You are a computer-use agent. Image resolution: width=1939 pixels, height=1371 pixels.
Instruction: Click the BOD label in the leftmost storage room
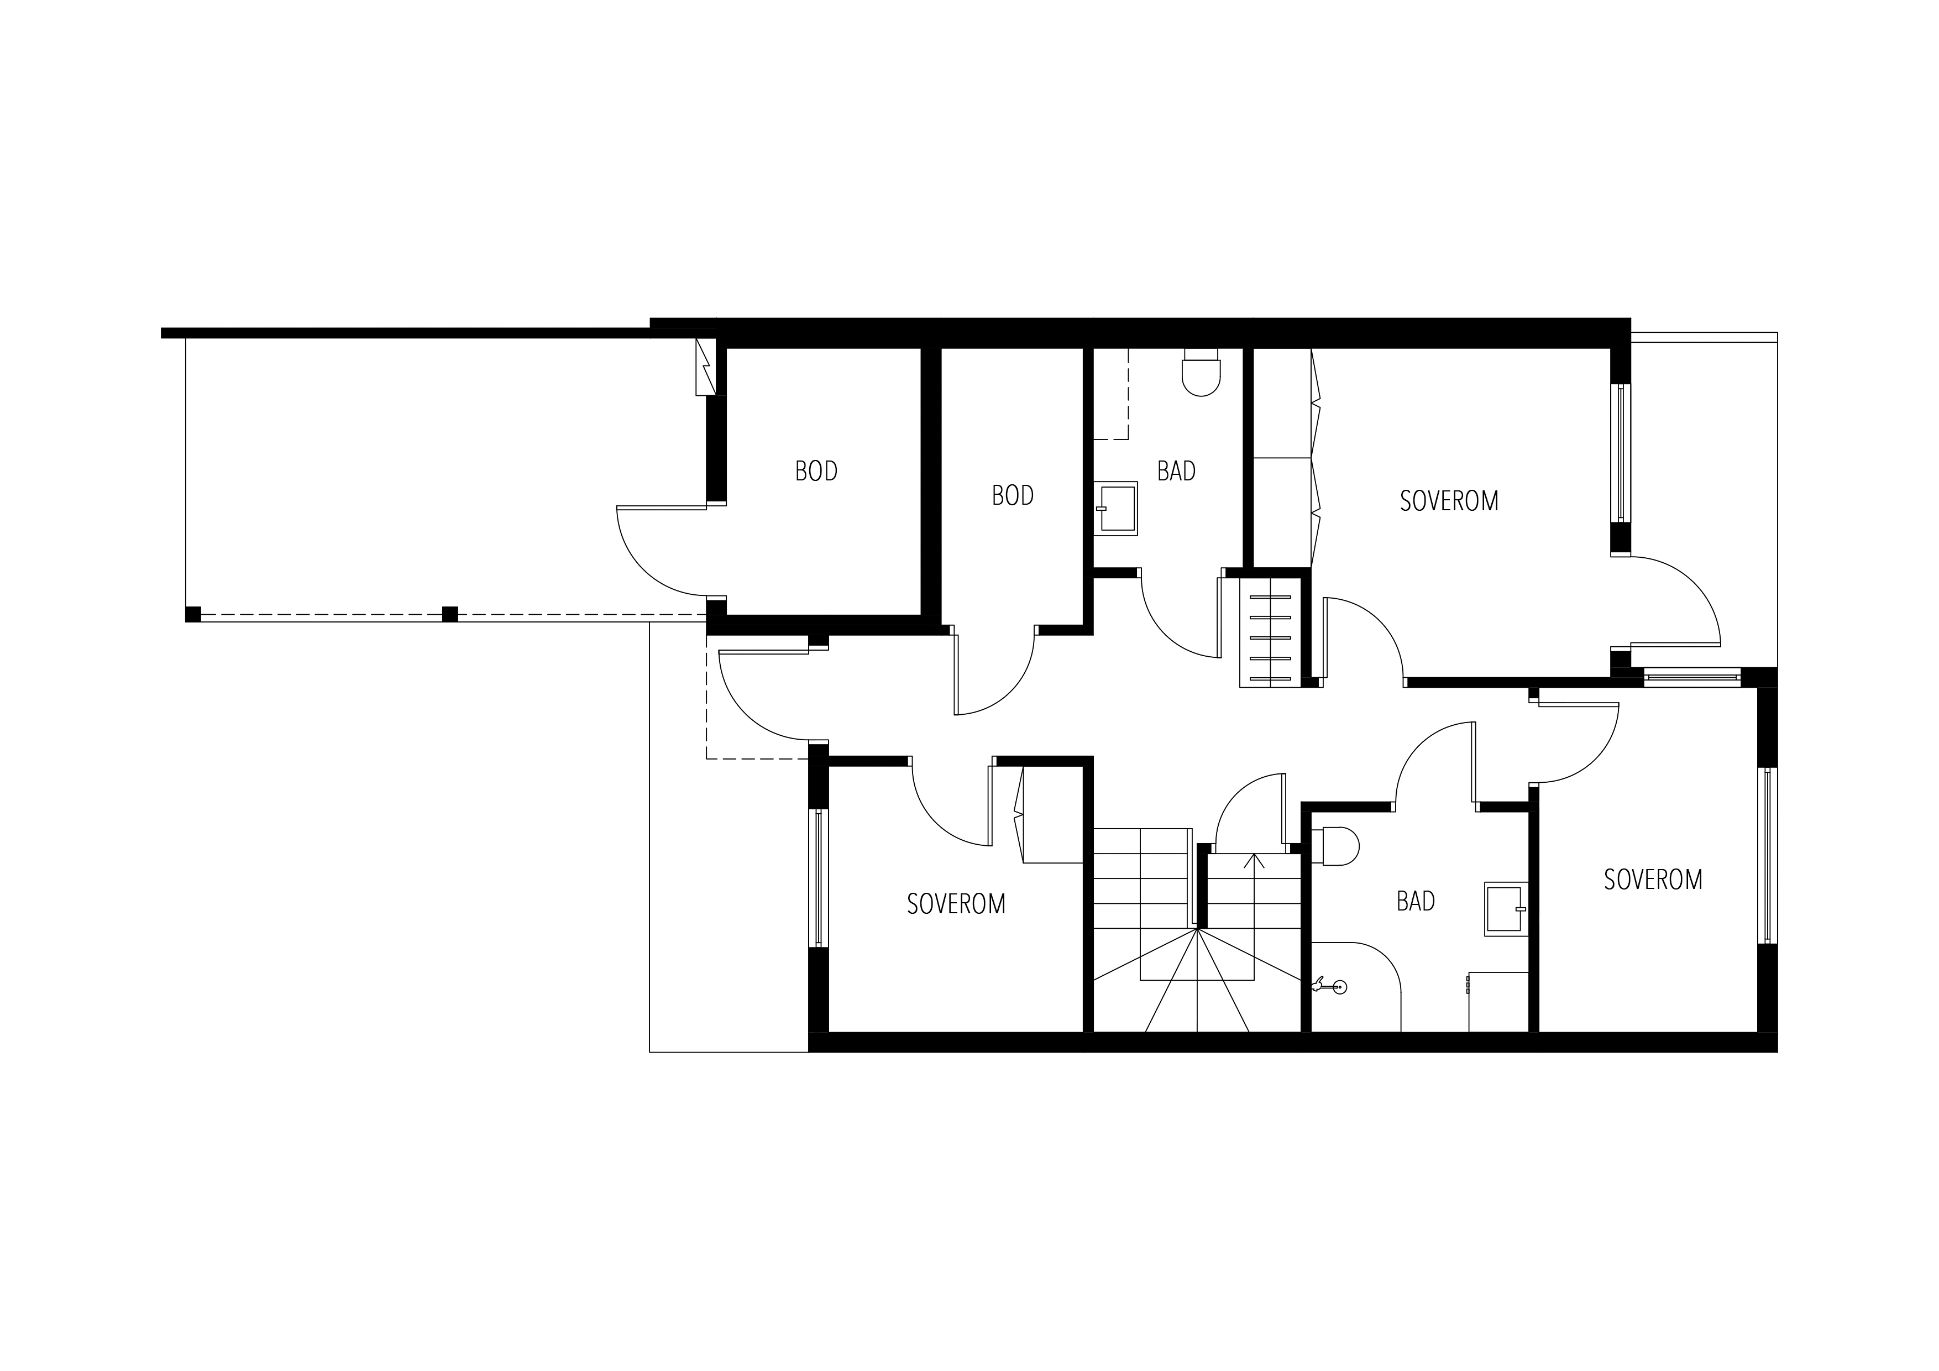pos(816,472)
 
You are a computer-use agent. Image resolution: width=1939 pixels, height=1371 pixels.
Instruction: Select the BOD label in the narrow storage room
pos(1013,496)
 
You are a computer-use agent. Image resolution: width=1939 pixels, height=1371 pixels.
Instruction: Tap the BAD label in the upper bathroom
pos(1176,472)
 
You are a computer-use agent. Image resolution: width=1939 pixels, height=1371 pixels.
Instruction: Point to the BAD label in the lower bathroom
pos(1416,901)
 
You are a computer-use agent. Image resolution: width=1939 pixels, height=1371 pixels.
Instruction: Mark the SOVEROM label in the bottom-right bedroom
pos(1653,880)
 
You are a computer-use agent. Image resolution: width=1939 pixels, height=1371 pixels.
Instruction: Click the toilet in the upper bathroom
pos(1202,373)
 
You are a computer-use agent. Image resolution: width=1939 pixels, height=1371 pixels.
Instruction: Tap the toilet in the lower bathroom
pos(1335,846)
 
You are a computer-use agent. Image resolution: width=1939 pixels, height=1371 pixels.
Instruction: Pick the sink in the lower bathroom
pos(1507,909)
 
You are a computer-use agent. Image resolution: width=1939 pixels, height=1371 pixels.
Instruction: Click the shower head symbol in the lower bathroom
pos(1328,986)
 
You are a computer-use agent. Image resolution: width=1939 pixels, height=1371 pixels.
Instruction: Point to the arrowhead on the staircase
pos(1254,862)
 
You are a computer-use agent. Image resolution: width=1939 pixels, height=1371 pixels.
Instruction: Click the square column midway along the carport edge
pos(450,614)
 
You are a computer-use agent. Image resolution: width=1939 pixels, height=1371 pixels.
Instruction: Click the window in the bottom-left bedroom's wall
pos(819,878)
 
